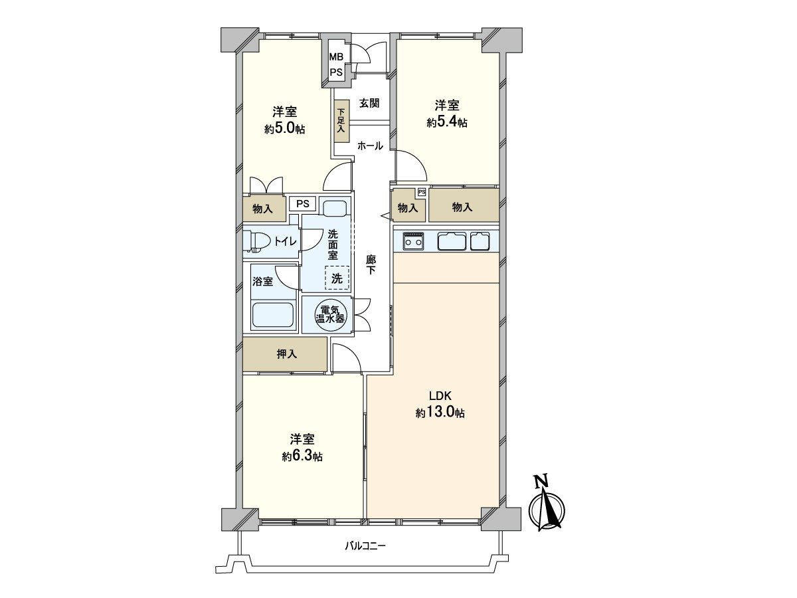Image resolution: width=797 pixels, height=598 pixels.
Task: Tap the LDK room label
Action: [440, 395]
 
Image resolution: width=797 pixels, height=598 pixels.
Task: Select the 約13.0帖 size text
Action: [440, 413]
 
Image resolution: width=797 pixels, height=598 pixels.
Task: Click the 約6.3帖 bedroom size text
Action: [302, 456]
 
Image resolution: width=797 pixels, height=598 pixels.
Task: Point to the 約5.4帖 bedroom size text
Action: [447, 123]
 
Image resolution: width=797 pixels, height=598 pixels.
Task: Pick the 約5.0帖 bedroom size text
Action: [285, 129]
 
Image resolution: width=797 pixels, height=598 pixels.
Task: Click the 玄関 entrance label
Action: [369, 104]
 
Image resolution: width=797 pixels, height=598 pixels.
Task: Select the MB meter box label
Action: [336, 57]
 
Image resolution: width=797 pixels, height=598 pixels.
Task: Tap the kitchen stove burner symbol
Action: [414, 241]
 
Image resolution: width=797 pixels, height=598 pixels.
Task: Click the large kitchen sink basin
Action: [452, 241]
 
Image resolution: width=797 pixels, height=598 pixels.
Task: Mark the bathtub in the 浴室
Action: [274, 316]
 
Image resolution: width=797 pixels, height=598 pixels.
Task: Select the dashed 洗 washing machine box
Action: [337, 278]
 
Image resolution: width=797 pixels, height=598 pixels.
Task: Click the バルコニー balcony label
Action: [365, 556]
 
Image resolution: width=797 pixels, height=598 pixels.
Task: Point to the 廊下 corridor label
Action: [371, 264]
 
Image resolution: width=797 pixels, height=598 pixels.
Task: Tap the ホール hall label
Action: [371, 146]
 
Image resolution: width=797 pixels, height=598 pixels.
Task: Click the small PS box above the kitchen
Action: [422, 191]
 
